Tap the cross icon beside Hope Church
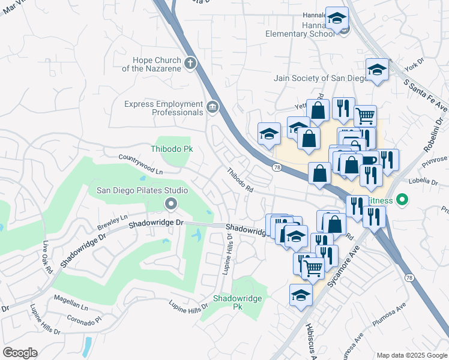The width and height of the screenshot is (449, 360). coord(191,63)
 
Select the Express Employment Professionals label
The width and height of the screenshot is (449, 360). coord(163,108)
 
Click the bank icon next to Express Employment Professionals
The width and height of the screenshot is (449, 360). coord(212,107)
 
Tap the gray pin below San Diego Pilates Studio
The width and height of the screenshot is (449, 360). coord(171,205)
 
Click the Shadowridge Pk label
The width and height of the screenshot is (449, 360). coord(232,302)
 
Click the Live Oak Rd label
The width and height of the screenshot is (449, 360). coord(47,257)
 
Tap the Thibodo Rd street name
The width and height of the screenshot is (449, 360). coord(240,179)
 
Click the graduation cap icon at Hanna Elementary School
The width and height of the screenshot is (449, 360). coord(337,19)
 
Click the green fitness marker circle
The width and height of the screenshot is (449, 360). coord(402,199)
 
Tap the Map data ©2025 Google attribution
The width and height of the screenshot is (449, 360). coord(411,355)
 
